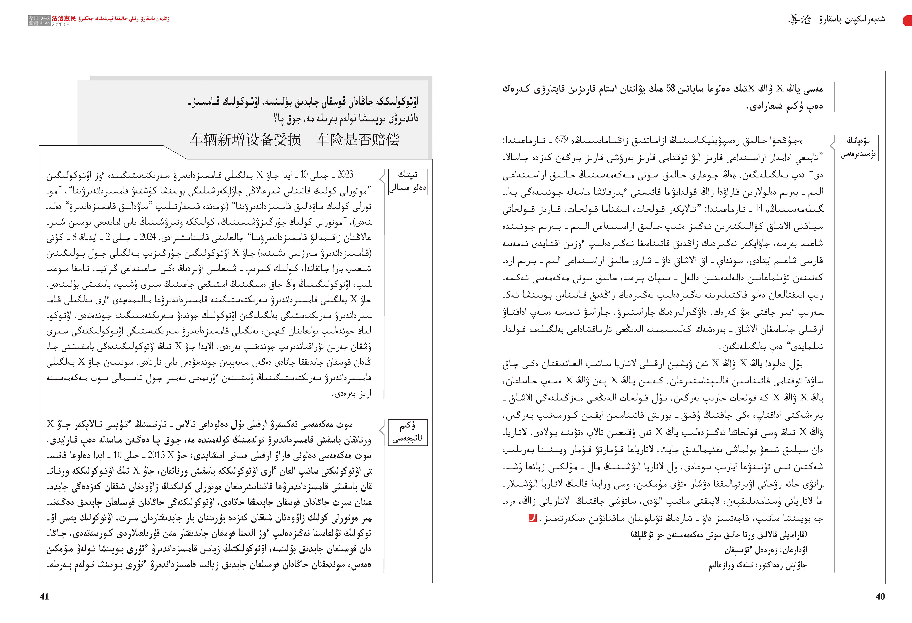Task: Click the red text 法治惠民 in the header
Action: pyautogui.click(x=64, y=18)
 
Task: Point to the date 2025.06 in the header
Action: pyautogui.click(x=60, y=24)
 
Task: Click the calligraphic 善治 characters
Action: pyautogui.click(x=799, y=20)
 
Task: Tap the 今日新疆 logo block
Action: pyautogui.click(x=39, y=21)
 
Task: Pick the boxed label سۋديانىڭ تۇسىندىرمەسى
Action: pyautogui.click(x=858, y=148)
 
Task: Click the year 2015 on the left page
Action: pyautogui.click(x=156, y=455)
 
